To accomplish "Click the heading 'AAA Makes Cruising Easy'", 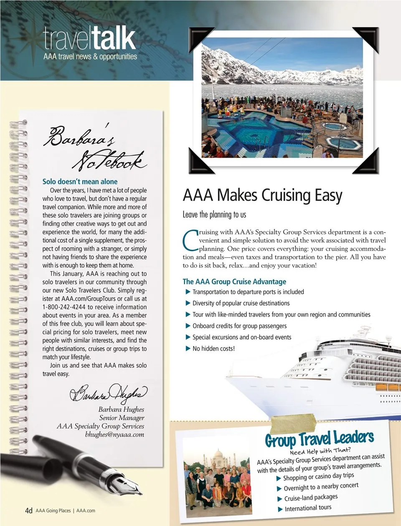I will tap(262, 195).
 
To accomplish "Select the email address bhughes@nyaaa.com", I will tap(114, 435).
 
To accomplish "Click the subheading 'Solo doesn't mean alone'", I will tap(80, 182).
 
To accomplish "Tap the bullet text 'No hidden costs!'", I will tap(213, 348).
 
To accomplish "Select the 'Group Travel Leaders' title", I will tap(319, 439).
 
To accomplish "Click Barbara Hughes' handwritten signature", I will tap(108, 393).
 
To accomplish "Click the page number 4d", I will tap(28, 511).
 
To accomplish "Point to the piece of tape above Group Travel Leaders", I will tap(293, 423).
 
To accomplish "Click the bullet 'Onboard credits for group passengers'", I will tap(239, 326).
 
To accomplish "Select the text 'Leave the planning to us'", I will tap(214, 215).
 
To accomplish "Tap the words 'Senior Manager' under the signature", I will tap(122, 418).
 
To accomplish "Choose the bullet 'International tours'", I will tap(308, 508).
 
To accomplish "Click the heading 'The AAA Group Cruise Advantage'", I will tap(234, 282).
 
